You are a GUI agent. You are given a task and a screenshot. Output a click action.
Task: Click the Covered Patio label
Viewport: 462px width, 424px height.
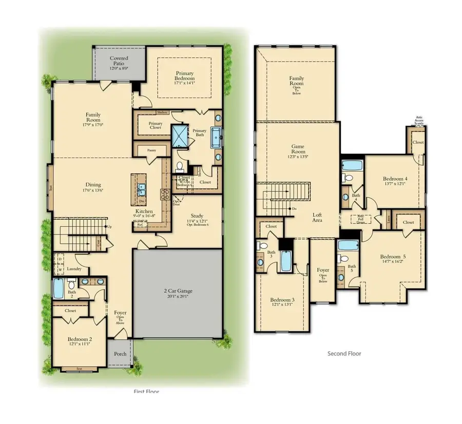click(x=119, y=61)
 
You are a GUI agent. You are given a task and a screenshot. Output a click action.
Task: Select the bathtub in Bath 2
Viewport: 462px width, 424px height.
click(x=58, y=288)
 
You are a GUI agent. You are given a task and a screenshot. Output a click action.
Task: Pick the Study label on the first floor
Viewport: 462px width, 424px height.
click(x=197, y=216)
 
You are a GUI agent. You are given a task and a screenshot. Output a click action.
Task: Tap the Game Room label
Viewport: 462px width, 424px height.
click(x=298, y=149)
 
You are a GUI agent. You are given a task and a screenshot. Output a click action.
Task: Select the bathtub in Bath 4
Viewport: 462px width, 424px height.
click(x=353, y=165)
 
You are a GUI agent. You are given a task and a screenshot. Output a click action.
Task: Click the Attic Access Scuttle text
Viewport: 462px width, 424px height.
click(x=419, y=120)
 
